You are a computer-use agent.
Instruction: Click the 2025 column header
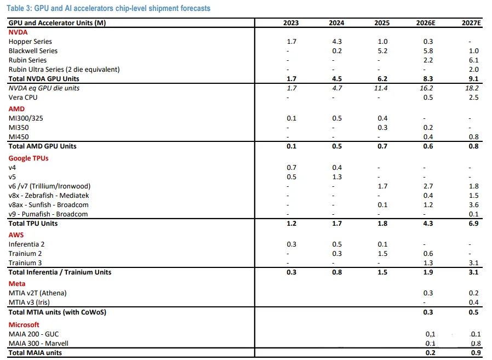click(382, 23)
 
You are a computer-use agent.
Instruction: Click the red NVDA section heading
click(17, 32)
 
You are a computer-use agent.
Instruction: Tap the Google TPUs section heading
click(28, 158)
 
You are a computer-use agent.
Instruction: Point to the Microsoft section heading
click(24, 325)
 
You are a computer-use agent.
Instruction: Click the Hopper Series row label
click(30, 42)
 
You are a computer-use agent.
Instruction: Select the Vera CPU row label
click(23, 98)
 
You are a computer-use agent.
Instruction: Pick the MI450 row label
click(19, 136)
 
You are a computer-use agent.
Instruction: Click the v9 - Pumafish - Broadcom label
click(48, 214)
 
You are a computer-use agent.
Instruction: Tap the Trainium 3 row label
click(25, 263)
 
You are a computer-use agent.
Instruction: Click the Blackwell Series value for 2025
click(382, 51)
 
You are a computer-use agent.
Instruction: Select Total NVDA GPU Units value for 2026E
click(428, 79)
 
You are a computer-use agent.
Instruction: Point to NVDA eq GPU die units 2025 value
click(382, 88)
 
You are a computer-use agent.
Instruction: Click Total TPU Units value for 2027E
click(473, 224)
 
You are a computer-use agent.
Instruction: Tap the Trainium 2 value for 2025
click(382, 254)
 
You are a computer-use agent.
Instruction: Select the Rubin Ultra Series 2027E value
click(473, 70)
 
